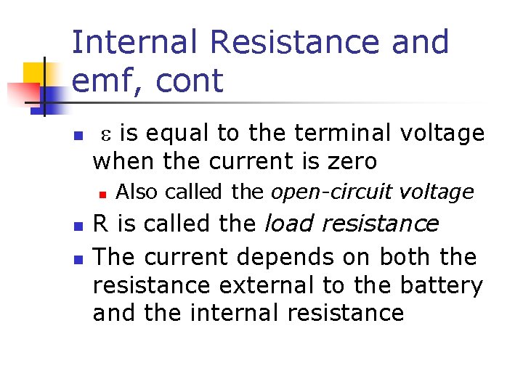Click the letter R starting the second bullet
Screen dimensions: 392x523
pyautogui.click(x=101, y=224)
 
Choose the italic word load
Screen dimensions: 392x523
pyautogui.click(x=291, y=224)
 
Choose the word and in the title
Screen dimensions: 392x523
pyautogui.click(x=421, y=43)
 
